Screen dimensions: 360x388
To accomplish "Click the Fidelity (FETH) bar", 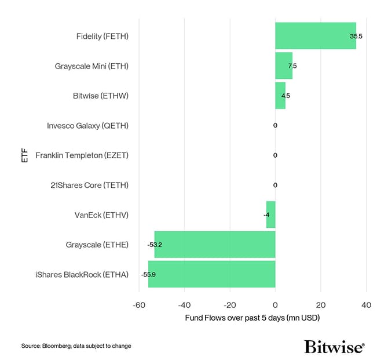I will tap(316, 36).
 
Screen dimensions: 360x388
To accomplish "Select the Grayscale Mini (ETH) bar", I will tap(284, 66).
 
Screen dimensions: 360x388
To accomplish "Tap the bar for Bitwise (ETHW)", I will tap(280, 96).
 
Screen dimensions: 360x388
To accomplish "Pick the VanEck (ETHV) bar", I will tap(270, 215).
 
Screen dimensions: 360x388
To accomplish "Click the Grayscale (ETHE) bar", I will tap(215, 245).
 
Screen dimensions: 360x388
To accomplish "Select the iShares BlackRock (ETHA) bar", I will tap(211, 274).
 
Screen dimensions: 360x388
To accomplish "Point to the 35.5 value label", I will tap(356, 36).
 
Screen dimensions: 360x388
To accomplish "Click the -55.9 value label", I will tap(148, 274).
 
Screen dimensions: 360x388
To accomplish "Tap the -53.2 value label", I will tap(155, 245).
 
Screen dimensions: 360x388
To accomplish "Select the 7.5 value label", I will tap(292, 66).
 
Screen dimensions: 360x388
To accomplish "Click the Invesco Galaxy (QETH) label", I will tap(87, 126).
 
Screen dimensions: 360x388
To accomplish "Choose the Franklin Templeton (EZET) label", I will tap(82, 155).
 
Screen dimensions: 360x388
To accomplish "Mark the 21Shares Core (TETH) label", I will tap(90, 186).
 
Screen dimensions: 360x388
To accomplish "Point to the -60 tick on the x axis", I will tap(139, 306).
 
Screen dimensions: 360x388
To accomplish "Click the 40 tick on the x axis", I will tap(366, 306).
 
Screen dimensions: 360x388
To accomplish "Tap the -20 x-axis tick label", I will tap(229, 306).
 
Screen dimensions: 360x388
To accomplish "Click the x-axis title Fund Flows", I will tap(252, 318).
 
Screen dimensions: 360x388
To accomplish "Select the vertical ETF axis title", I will tap(24, 155).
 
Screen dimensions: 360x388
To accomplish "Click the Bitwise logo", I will tap(334, 346).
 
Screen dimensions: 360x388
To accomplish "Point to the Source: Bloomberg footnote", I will tap(76, 346).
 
